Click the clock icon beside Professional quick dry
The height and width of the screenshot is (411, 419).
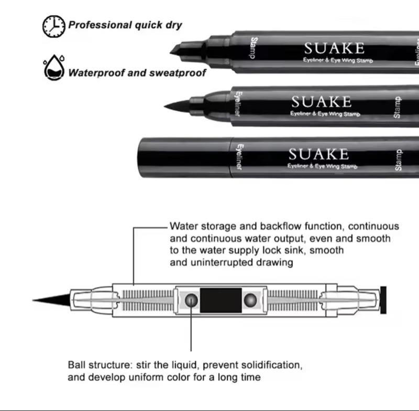54,26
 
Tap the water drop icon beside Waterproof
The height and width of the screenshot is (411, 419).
54,68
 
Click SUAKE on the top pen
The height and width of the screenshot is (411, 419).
334,49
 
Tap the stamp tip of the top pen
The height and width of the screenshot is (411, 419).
178,50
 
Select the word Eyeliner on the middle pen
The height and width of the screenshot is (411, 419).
238,104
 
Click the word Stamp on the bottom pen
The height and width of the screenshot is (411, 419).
398,160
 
